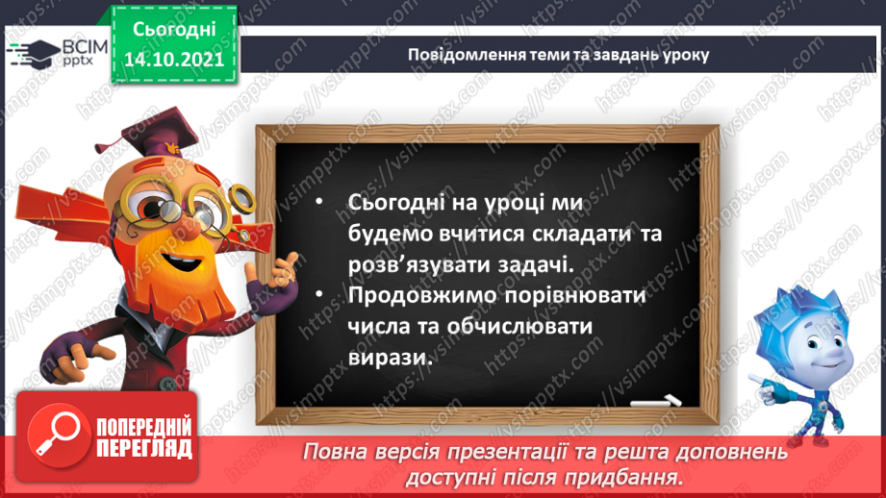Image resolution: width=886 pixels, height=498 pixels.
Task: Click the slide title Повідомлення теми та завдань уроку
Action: point(558,54)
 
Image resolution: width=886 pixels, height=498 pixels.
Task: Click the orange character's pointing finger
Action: point(288,262)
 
